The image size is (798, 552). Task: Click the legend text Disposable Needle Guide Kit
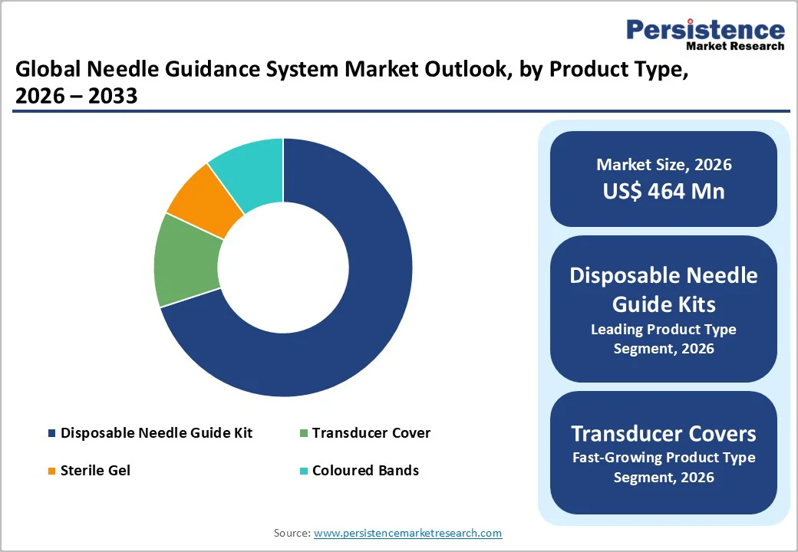[x=157, y=433]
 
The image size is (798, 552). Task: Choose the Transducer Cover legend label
[x=371, y=433]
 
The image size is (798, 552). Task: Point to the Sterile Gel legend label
[x=95, y=470]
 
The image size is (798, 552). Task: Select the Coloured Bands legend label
[x=365, y=470]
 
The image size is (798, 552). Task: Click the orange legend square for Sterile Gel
[x=51, y=471]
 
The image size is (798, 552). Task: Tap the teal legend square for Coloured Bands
[x=303, y=471]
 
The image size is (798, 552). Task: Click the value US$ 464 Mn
[x=664, y=191]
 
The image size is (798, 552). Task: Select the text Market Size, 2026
[x=664, y=165]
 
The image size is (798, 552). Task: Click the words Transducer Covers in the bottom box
[x=664, y=434]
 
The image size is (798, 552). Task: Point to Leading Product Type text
[x=664, y=330]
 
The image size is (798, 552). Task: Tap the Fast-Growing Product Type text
[x=664, y=458]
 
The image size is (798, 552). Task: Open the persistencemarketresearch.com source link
[x=407, y=533]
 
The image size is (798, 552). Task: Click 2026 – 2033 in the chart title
[x=76, y=97]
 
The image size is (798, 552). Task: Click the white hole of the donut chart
[x=283, y=268]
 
